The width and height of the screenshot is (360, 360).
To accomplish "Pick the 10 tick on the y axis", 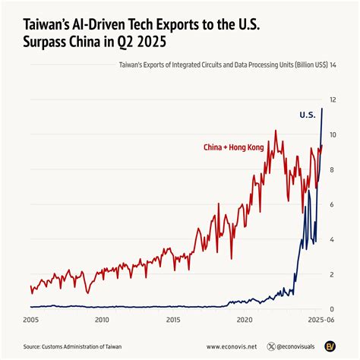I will [333, 135].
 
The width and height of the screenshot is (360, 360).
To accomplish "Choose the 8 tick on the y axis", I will [332, 170].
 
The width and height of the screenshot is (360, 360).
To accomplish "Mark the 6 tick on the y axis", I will [332, 205].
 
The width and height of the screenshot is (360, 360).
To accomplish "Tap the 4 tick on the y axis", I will [332, 240].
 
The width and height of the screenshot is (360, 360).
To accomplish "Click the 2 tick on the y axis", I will [332, 275].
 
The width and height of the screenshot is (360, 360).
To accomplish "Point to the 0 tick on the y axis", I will [332, 309].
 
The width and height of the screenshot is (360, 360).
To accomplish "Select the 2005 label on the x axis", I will [30, 321].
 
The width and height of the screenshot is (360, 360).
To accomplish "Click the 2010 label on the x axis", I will [102, 321].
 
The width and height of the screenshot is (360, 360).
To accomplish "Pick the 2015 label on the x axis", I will [173, 321].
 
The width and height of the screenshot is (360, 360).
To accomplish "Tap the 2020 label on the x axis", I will [245, 321].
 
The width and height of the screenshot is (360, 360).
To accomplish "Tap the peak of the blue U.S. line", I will [322, 109].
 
